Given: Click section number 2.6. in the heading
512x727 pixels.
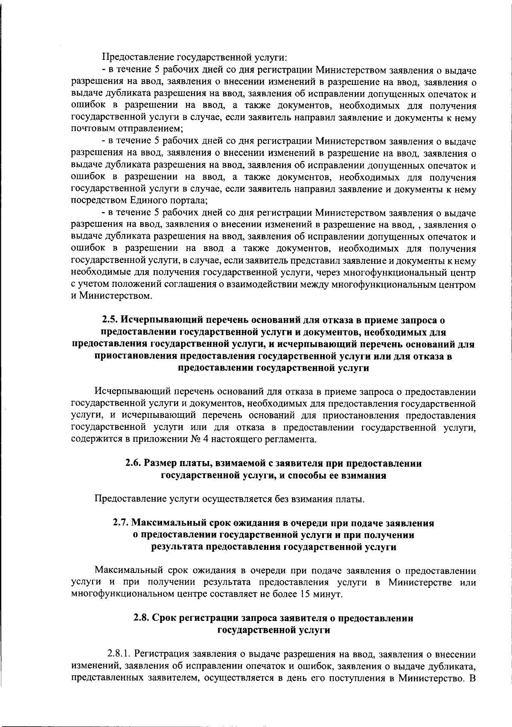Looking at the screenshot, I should tap(134, 464).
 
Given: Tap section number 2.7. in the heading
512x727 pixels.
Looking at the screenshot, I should tap(122, 523).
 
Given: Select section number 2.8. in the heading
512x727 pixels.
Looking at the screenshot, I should tap(142, 618).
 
